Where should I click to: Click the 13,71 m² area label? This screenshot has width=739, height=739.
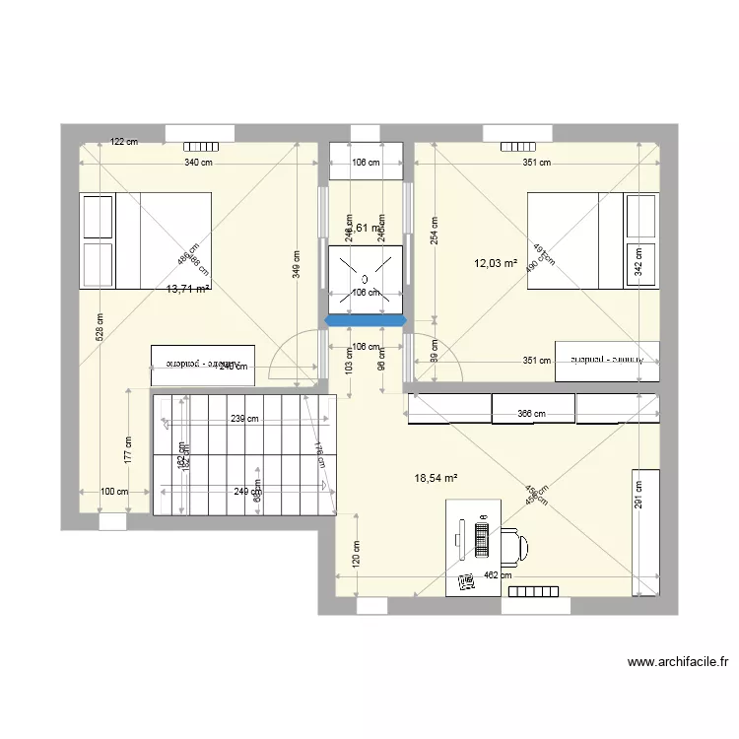[188, 289]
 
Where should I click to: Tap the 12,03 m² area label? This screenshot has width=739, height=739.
[496, 263]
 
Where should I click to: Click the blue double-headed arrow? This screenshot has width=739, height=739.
[367, 321]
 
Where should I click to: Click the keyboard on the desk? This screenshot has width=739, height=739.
[482, 540]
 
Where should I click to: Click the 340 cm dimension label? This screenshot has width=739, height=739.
[200, 164]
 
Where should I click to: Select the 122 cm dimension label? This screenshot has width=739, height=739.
[123, 142]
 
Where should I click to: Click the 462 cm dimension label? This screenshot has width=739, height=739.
[499, 576]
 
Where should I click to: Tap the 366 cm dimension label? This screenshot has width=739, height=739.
[532, 414]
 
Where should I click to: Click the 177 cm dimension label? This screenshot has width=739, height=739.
[128, 450]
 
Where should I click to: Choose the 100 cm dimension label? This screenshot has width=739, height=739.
[115, 491]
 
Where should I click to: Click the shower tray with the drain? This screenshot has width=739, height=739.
[367, 277]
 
